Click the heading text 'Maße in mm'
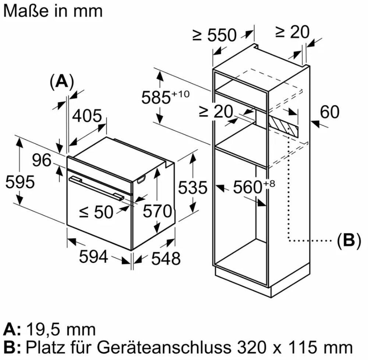coord(53,11)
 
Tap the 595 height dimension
coord(20,182)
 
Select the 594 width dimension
coord(93,257)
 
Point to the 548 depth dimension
coord(166,258)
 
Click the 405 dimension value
coord(86,116)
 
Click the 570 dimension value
coord(158,211)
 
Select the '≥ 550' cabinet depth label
coord(214,35)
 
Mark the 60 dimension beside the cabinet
coord(329,112)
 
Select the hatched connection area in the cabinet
coord(284,126)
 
